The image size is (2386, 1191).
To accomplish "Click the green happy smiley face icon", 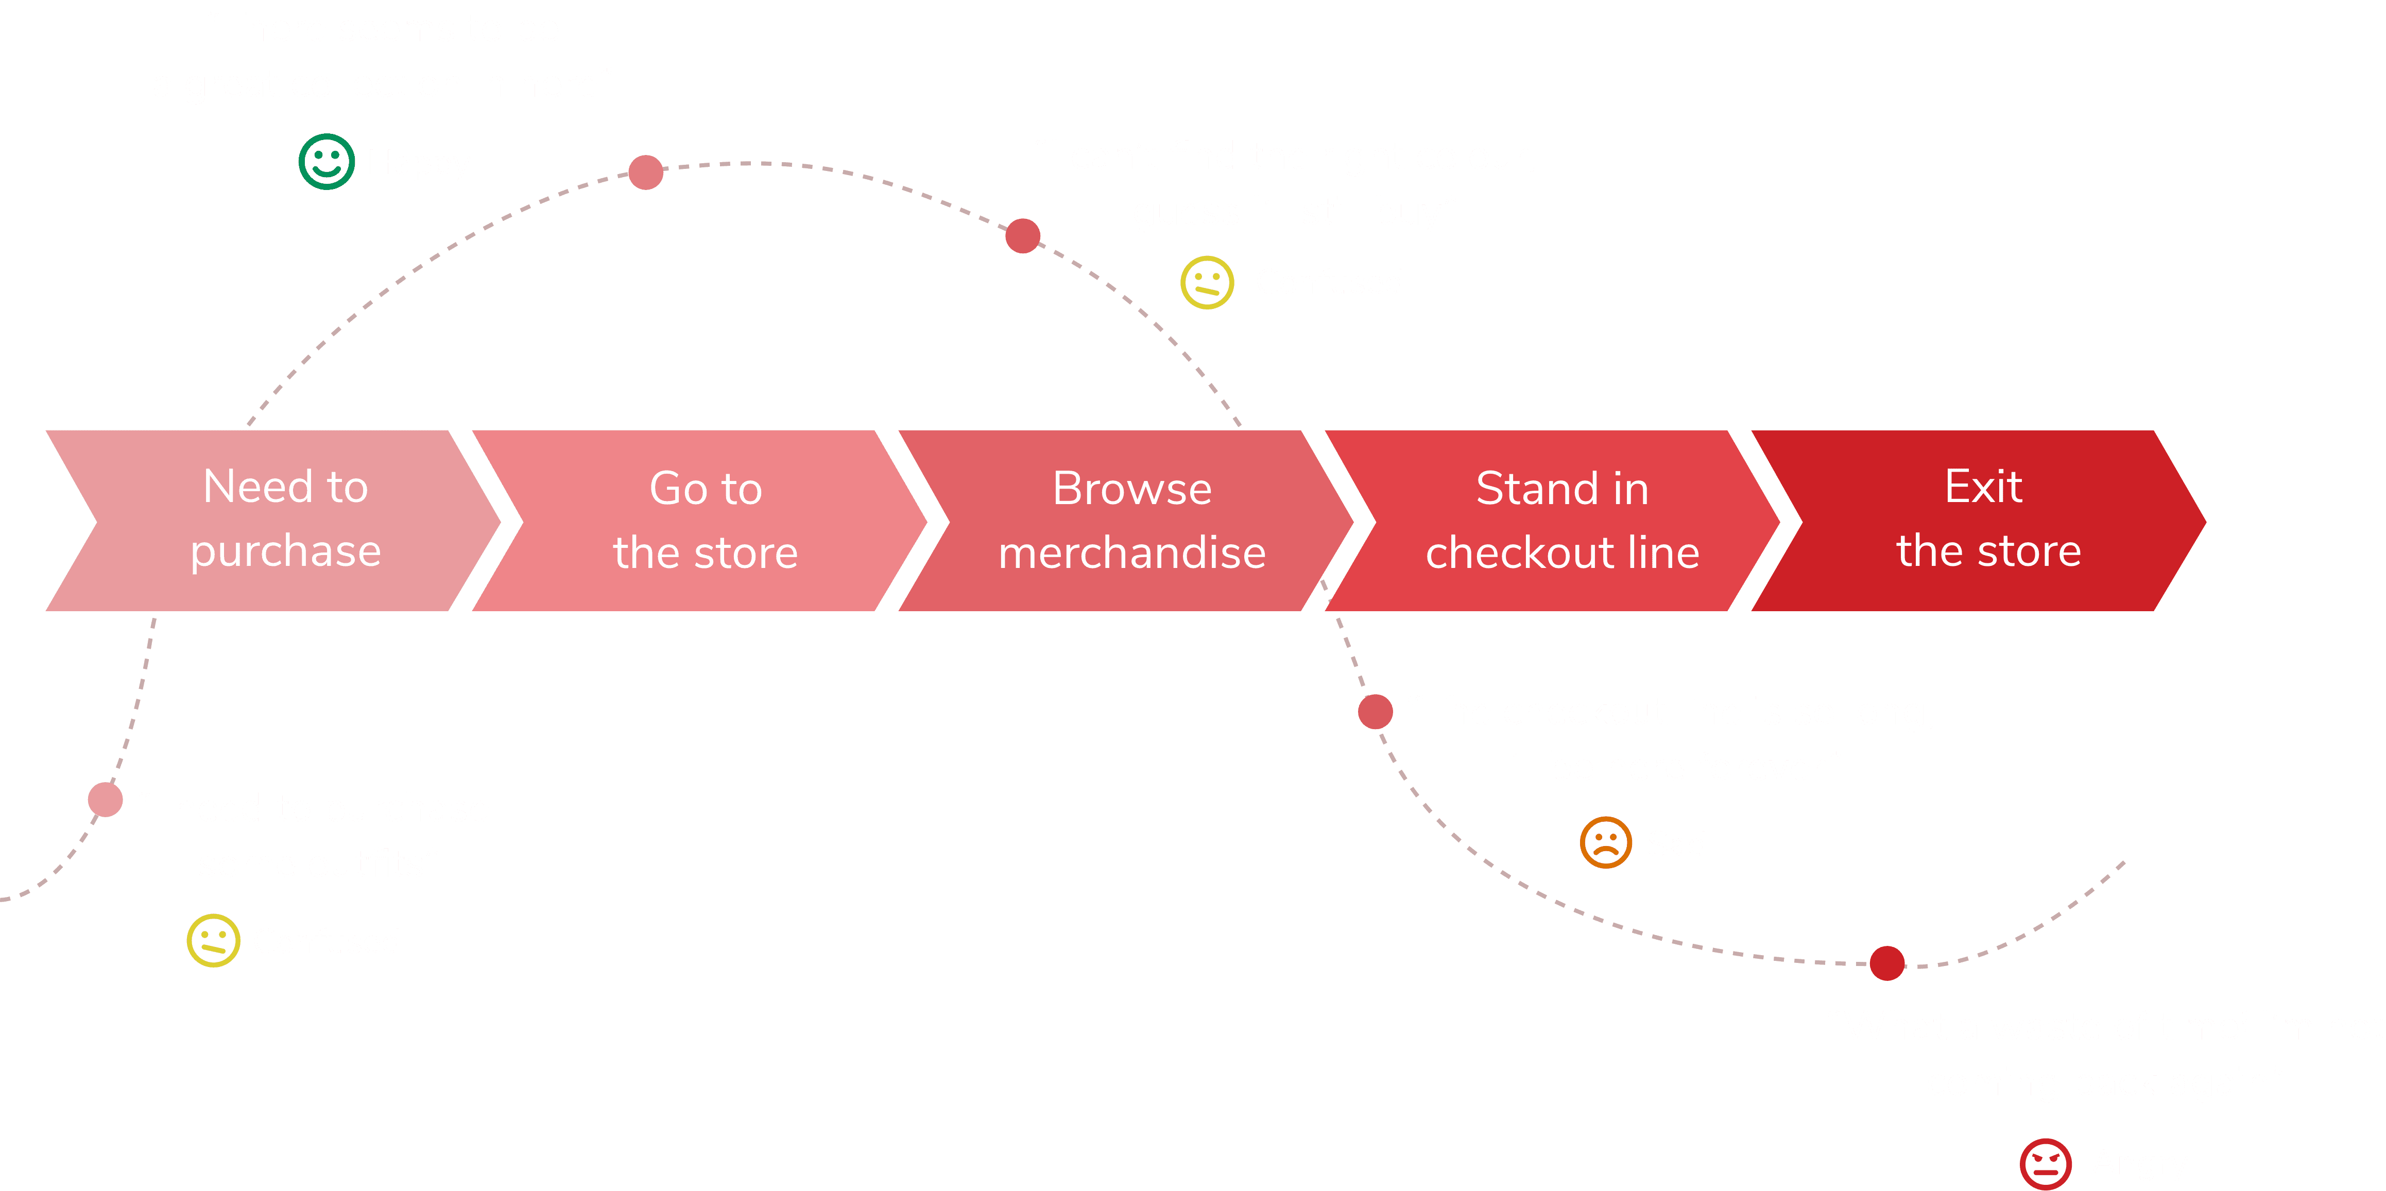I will (x=326, y=162).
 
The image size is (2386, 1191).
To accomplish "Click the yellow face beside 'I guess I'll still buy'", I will (x=1207, y=283).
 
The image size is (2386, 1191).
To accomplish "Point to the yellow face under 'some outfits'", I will (x=213, y=941).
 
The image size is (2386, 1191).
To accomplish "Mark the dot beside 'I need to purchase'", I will (x=106, y=799).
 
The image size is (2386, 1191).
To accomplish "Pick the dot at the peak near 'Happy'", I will (x=646, y=171).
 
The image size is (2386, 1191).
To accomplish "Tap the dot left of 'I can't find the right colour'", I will (x=1023, y=235).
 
